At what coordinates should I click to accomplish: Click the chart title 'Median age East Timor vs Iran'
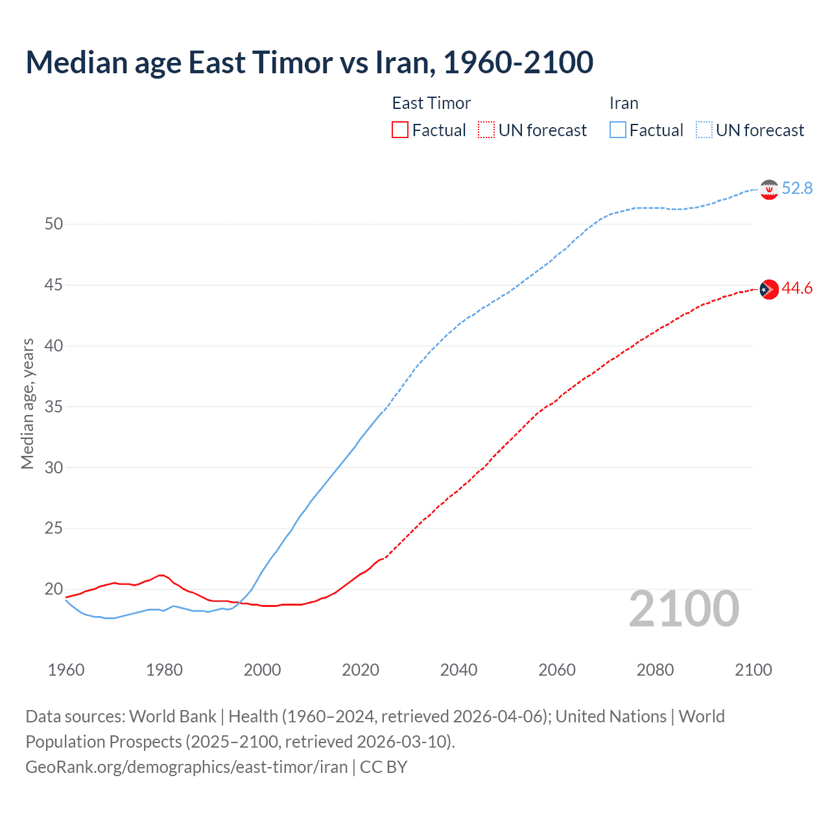pos(309,62)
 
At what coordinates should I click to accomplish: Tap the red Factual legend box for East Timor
pos(400,130)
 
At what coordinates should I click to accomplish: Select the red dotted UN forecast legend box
pos(486,130)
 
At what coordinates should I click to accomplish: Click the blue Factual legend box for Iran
pos(618,130)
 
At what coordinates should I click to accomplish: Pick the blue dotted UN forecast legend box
pos(704,130)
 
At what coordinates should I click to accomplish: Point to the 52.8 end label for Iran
pos(797,189)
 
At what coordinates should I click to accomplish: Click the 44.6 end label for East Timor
pos(797,289)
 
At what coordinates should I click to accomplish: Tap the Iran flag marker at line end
pos(769,189)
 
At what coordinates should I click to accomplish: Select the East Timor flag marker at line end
pos(769,289)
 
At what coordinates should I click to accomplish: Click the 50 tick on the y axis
pos(54,224)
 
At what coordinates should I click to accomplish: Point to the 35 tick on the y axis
pos(54,407)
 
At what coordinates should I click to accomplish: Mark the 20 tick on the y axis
pos(54,589)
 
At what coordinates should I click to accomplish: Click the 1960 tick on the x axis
pos(66,670)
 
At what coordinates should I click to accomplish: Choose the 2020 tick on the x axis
pos(361,670)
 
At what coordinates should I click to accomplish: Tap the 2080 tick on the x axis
pos(655,670)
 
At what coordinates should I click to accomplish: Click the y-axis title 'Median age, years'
pos(27,403)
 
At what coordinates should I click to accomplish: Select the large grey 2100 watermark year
pos(684,609)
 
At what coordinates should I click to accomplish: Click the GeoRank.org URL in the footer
pos(187,767)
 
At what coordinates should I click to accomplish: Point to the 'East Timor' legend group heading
pos(431,103)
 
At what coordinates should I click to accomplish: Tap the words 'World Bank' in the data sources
pos(172,717)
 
